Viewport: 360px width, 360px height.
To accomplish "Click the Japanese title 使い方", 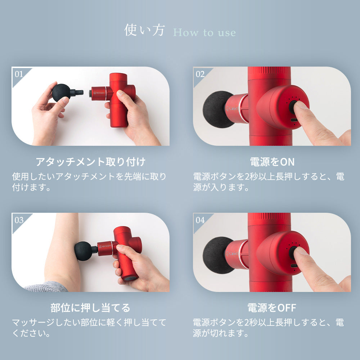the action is tap(144, 30).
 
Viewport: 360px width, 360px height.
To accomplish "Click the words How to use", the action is tap(204, 33).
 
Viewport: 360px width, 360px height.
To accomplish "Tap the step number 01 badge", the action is tap(19, 74).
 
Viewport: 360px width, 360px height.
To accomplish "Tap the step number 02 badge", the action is tap(200, 74).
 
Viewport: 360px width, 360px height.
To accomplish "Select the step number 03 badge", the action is tap(19, 220).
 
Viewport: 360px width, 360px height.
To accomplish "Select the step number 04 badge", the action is tap(200, 220).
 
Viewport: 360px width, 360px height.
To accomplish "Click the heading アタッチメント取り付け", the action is tap(90, 162).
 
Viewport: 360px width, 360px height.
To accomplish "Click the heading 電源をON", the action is tap(272, 162).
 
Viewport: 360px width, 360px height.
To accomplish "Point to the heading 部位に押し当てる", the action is tap(90, 308).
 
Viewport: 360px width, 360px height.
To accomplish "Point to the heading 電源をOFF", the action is tap(272, 308).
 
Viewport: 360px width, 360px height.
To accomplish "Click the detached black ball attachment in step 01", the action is tap(62, 92).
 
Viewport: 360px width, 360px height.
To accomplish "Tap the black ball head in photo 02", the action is tap(216, 109).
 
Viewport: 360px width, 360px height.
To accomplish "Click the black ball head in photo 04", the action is tap(216, 255).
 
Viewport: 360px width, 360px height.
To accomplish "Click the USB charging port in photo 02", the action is tap(294, 120).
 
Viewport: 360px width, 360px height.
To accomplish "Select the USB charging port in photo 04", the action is tap(294, 266).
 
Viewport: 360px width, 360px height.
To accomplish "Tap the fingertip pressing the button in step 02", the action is tap(300, 106).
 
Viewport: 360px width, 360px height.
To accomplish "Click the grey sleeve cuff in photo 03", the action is tap(46, 287).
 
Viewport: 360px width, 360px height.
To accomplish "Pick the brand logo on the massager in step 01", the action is tap(99, 93).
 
